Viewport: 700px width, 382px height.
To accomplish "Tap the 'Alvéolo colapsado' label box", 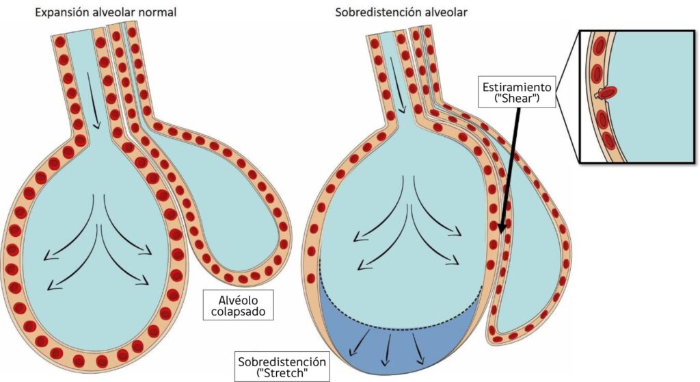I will [x=239, y=305].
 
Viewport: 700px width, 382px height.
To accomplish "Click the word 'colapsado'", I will [x=239, y=312].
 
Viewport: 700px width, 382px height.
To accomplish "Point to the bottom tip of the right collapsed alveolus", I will [x=502, y=335].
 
